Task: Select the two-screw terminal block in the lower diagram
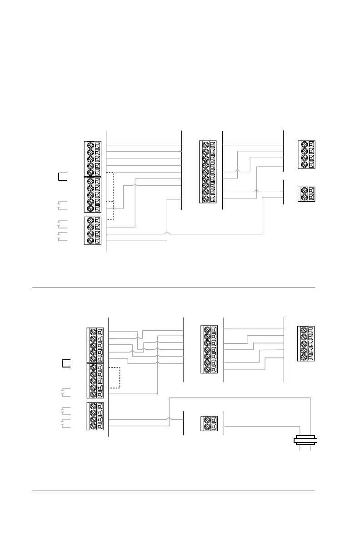pyautogui.click(x=209, y=424)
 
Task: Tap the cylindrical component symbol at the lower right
pyautogui.click(x=305, y=440)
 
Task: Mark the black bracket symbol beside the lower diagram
pyautogui.click(x=66, y=363)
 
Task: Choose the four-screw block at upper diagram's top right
pyautogui.click(x=306, y=155)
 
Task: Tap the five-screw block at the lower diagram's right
pyautogui.click(x=305, y=344)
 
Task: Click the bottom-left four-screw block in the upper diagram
pyautogui.click(x=93, y=231)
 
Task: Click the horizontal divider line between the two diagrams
pyautogui.click(x=173, y=288)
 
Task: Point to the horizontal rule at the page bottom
pyautogui.click(x=173, y=491)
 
